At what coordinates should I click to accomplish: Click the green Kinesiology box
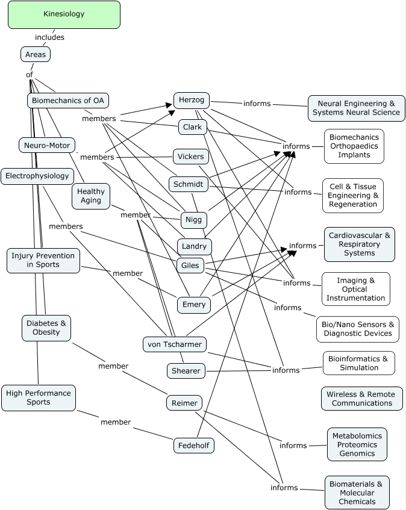pos(64,14)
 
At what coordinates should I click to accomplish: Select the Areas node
pos(36,54)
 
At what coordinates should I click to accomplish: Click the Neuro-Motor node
pos(47,145)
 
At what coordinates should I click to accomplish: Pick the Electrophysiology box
pos(37,176)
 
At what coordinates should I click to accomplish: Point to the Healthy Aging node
pos(91,196)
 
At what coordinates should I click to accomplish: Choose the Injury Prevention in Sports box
pos(43,260)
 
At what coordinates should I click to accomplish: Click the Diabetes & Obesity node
pos(46,328)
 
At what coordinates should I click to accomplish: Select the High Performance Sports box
pos(39,398)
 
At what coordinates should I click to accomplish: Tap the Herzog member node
pos(192,101)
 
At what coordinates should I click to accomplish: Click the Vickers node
pos(191,157)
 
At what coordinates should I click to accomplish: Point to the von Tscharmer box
pos(175,344)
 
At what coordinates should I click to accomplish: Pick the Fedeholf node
pos(193,446)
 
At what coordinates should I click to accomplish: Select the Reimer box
pos(184,403)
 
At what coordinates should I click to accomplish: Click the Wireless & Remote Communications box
pos(361,399)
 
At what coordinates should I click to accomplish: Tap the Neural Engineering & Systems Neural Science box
pos(356,108)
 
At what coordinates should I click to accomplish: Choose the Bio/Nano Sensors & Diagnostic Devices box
pos(358,329)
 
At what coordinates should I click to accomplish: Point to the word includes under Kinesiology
pos(49,37)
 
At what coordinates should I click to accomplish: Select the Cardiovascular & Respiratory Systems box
pos(360,244)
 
